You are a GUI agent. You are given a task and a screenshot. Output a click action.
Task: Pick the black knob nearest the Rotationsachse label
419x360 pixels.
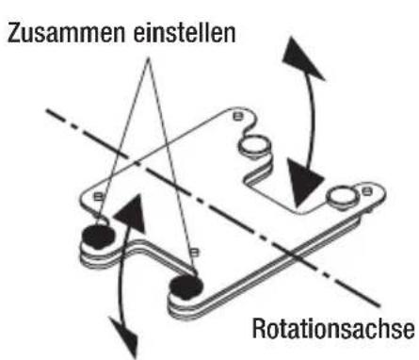[185, 282]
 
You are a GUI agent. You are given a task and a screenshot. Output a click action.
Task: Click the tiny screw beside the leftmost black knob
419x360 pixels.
[98, 201]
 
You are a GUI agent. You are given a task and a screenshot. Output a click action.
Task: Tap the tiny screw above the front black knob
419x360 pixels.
[193, 251]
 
